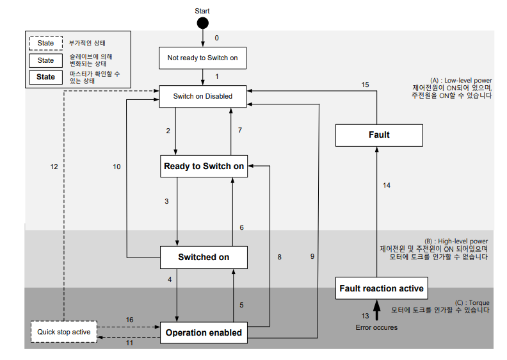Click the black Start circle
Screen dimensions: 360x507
pos(202,23)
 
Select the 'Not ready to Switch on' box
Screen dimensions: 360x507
pos(202,58)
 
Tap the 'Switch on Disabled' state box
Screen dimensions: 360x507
pos(203,96)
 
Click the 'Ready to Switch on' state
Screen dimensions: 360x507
pos(204,166)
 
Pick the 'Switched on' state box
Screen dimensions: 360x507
pos(204,257)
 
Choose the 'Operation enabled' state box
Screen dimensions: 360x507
pos(204,332)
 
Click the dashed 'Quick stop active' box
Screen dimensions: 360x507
pos(63,332)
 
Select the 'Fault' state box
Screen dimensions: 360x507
pos(379,135)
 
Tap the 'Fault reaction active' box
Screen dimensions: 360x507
pos(381,288)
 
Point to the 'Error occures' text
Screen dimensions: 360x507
pos(376,327)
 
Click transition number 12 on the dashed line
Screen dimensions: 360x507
pos(54,167)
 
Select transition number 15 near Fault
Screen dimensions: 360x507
pos(365,85)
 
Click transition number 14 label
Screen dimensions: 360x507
pos(386,185)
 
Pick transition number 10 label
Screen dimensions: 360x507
pos(117,167)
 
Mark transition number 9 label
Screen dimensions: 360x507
pos(312,256)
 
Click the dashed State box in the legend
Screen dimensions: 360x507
pos(45,44)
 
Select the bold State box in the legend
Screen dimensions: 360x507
pos(45,77)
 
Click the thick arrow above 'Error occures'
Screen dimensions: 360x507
pos(376,311)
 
